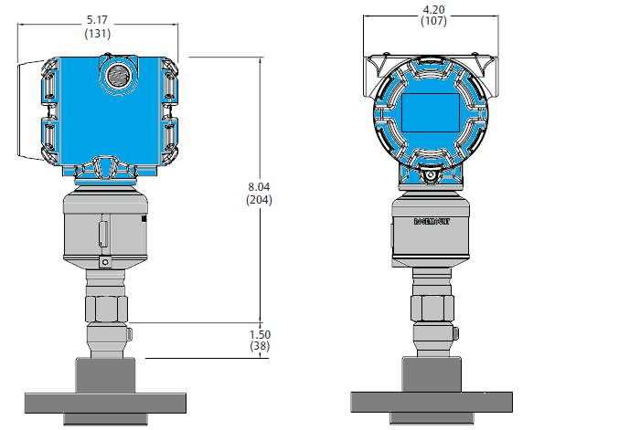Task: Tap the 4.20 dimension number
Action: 433,10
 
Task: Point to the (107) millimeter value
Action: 433,22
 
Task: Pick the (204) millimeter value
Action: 259,199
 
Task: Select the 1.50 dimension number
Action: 260,335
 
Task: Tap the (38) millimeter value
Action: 260,347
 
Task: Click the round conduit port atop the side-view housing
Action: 117,74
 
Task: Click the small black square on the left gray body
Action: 144,220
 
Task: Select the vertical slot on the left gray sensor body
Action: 103,232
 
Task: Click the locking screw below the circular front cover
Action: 431,174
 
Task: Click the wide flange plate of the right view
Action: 432,403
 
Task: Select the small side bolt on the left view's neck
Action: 129,332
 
